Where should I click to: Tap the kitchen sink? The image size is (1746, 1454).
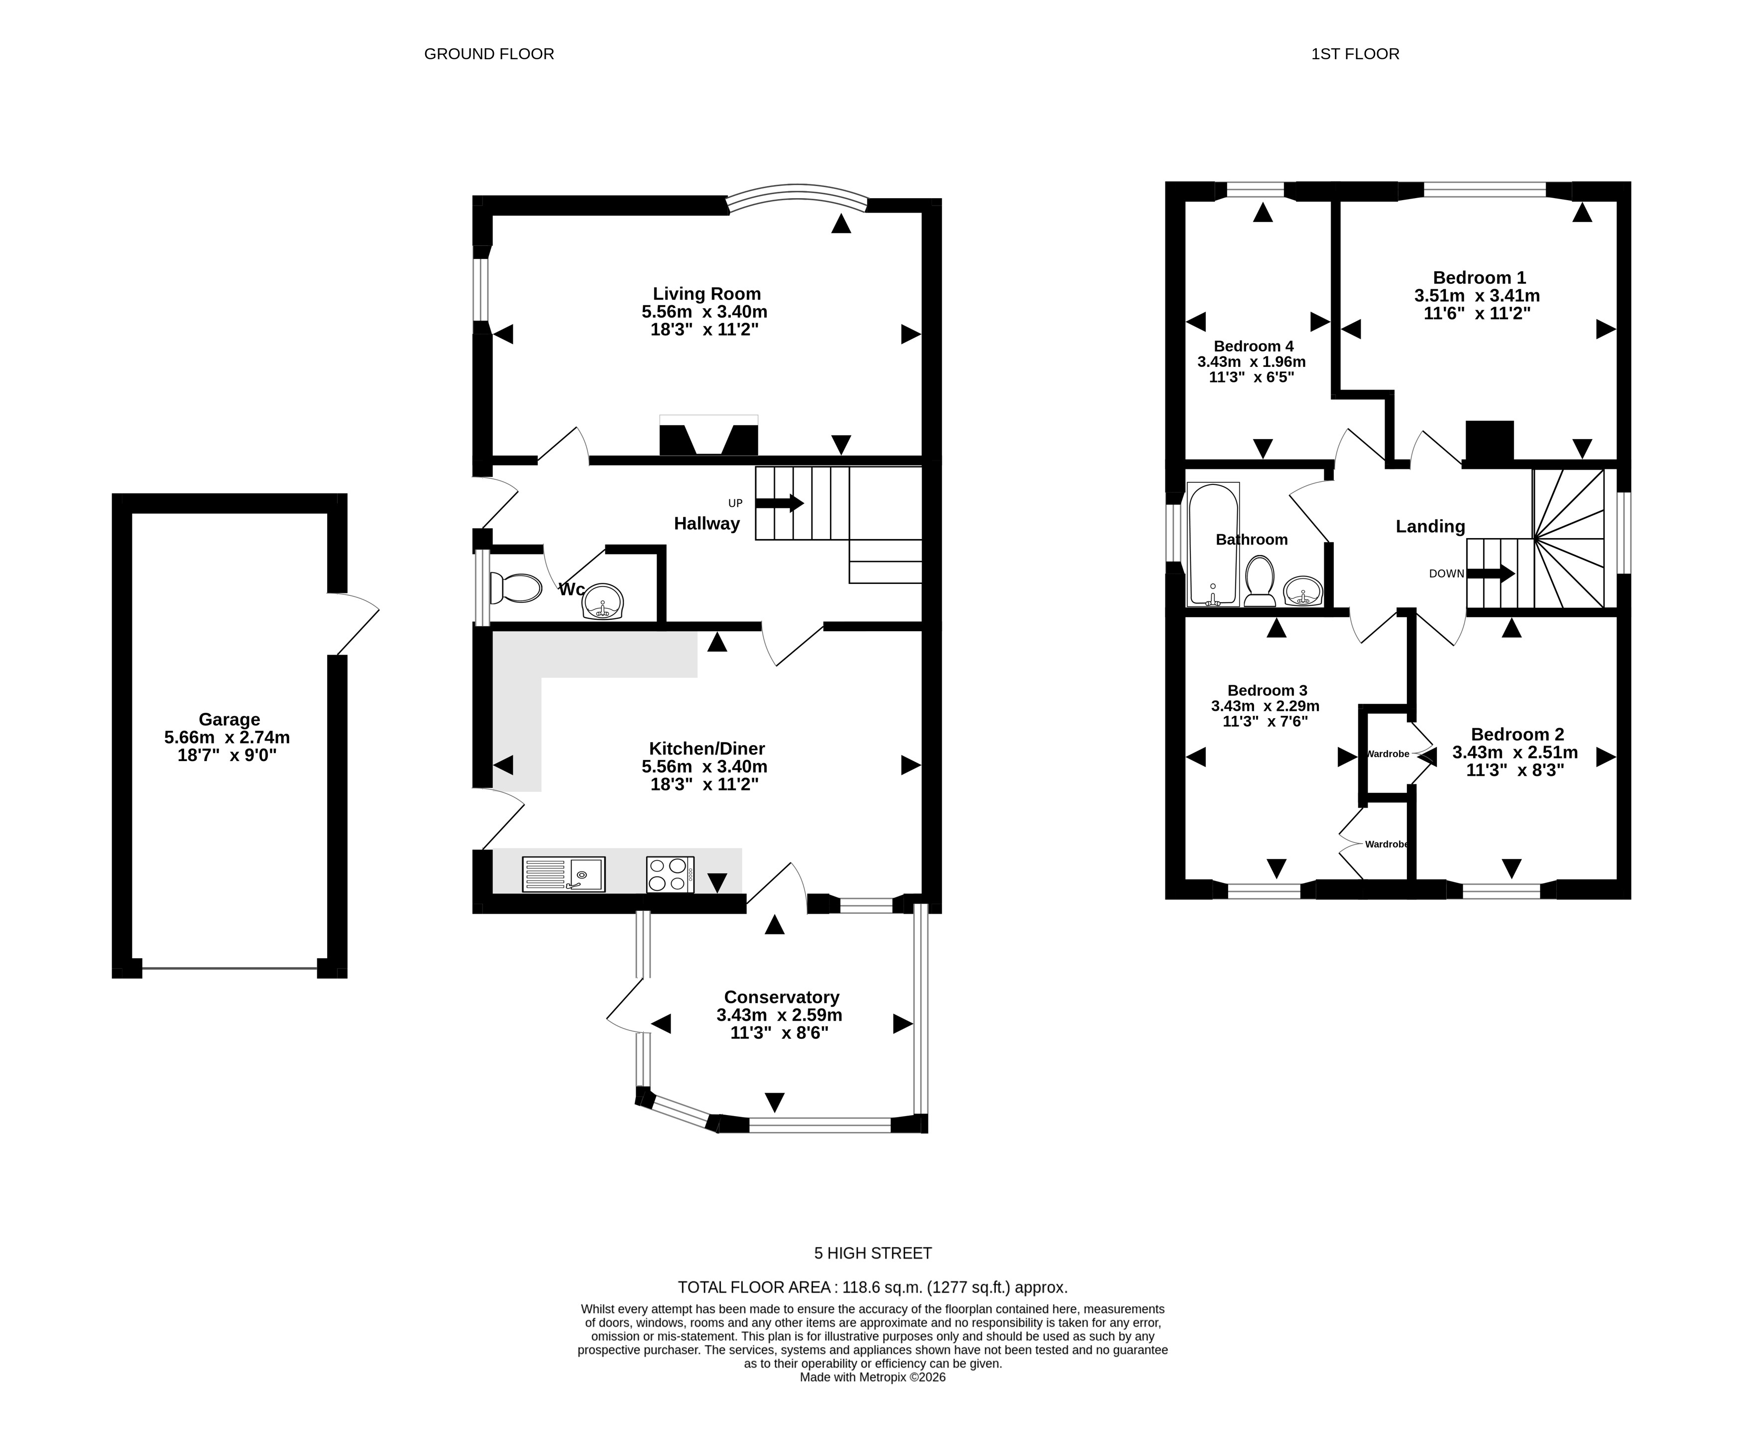[564, 875]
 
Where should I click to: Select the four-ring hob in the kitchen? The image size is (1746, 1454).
[670, 875]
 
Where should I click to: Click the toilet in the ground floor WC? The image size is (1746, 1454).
[515, 588]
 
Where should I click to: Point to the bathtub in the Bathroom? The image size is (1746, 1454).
[1214, 544]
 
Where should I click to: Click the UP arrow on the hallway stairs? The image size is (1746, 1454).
[779, 503]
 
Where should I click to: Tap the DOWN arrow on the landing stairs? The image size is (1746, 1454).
[1491, 573]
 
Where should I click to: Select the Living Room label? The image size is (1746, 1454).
[707, 294]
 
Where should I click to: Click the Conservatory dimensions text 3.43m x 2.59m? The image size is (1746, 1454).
[779, 1015]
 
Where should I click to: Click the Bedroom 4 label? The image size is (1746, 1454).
[1253, 346]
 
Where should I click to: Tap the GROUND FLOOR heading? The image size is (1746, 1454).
[489, 54]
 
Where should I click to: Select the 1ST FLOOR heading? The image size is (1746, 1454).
[1355, 54]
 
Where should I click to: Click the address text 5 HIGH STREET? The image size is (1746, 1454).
[873, 1253]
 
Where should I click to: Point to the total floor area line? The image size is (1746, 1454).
[873, 1288]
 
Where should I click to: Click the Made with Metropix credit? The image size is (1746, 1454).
[873, 1377]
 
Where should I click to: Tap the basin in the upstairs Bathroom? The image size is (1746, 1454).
[1302, 591]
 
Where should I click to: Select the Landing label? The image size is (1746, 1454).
[1430, 526]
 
